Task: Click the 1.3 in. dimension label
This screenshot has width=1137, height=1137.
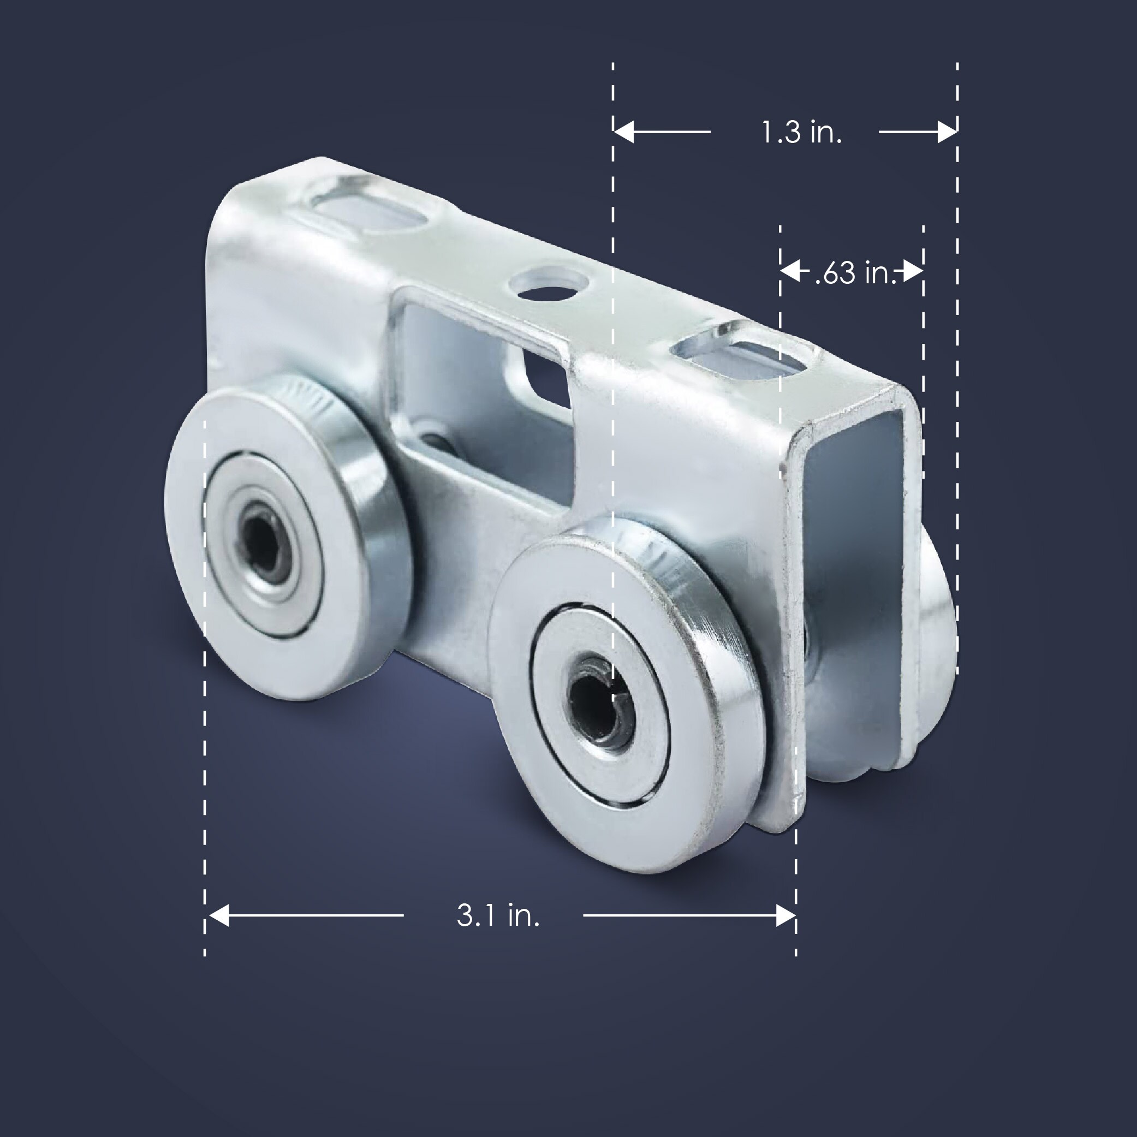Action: [801, 132]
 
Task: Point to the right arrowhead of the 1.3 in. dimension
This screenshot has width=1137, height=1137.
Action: [946, 132]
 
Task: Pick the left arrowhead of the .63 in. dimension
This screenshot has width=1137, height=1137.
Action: [790, 272]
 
